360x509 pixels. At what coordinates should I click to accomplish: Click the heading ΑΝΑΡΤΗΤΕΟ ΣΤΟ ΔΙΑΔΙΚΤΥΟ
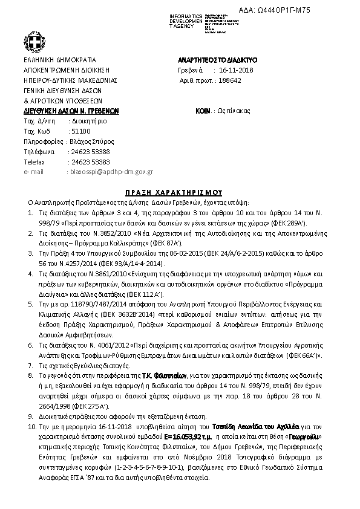click(218, 60)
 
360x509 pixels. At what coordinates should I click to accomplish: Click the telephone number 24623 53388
click(90, 151)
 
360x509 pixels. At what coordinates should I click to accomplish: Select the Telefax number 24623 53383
click(90, 161)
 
